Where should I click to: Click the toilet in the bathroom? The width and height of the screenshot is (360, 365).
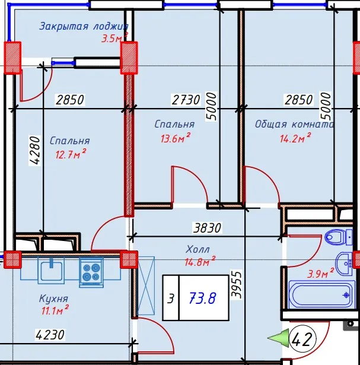tap(339, 237)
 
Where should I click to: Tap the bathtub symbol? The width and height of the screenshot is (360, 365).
tap(322, 295)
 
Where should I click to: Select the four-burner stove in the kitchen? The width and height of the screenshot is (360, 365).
tap(91, 272)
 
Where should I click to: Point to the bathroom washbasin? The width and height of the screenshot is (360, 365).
tap(344, 264)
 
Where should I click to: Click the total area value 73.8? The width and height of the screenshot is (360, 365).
tap(203, 298)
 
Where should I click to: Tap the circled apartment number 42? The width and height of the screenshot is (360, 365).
tap(302, 339)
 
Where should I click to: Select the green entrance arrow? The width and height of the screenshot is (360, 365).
tap(278, 338)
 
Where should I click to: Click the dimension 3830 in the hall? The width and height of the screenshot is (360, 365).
tap(207, 228)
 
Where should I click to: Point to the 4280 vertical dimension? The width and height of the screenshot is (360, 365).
tap(34, 151)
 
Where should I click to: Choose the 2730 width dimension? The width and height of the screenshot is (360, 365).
tap(186, 100)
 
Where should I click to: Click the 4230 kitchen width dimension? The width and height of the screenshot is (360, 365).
tap(50, 335)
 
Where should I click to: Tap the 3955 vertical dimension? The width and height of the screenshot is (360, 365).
tap(236, 284)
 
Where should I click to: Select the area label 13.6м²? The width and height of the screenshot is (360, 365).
tap(176, 138)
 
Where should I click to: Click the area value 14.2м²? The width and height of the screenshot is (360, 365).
tap(295, 138)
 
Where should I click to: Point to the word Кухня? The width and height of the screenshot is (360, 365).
tap(53, 299)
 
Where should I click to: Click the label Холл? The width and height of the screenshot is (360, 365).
tap(197, 249)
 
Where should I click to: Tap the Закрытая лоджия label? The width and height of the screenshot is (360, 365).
tap(84, 26)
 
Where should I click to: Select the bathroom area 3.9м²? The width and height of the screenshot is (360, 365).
tap(321, 273)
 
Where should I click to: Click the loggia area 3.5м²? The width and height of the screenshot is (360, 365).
tap(114, 38)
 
